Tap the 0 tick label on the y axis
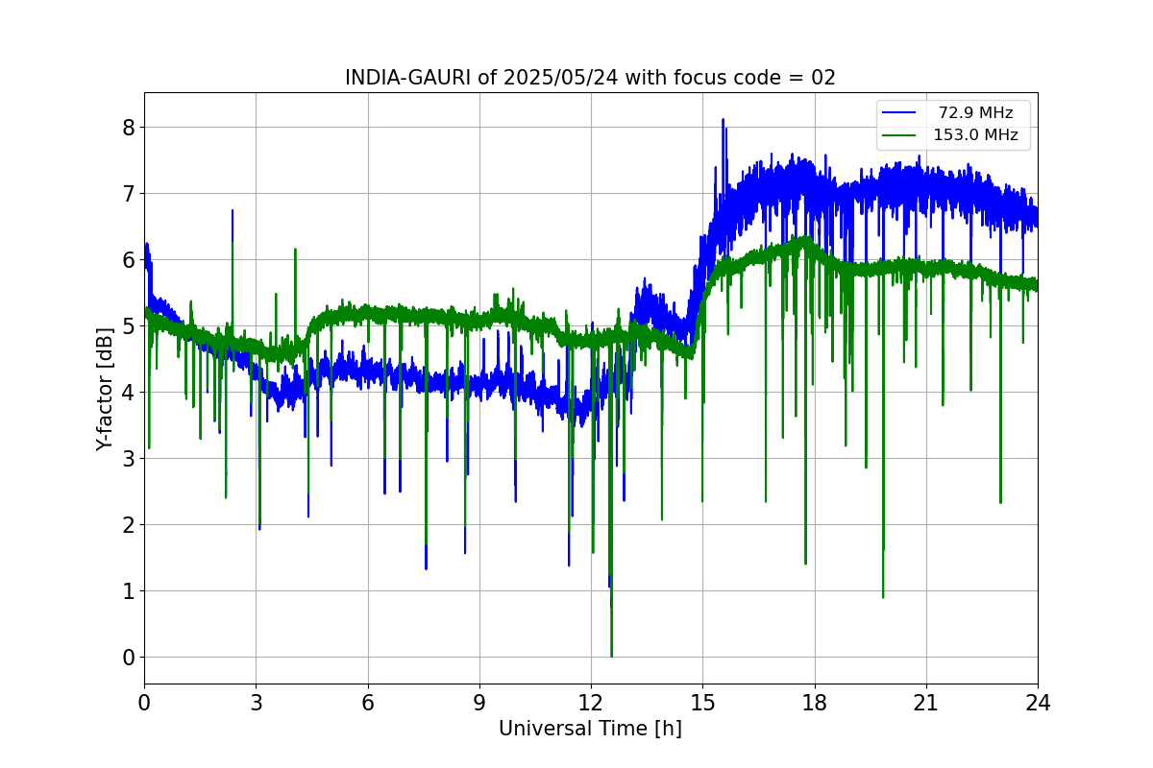pyautogui.click(x=127, y=658)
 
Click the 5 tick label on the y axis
pyautogui.click(x=127, y=326)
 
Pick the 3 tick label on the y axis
pyautogui.click(x=127, y=459)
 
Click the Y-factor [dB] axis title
pyautogui.click(x=105, y=389)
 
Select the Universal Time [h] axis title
pyautogui.click(x=590, y=729)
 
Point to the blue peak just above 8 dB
pyautogui.click(x=723, y=120)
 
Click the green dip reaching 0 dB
pyautogui.click(x=611, y=656)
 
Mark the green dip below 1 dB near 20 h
pyautogui.click(x=883, y=596)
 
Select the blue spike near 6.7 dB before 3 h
pyautogui.click(x=233, y=211)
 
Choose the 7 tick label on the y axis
pyautogui.click(x=127, y=194)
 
